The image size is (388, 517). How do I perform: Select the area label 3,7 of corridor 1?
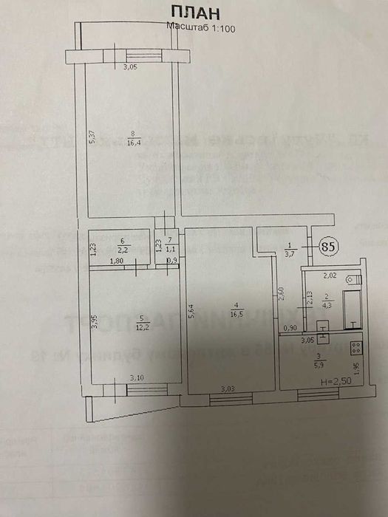coord(290,254)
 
